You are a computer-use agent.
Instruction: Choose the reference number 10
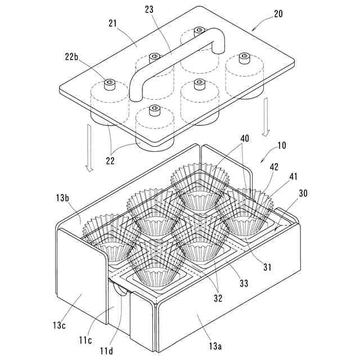[281, 146]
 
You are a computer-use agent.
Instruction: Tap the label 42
[273, 168]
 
